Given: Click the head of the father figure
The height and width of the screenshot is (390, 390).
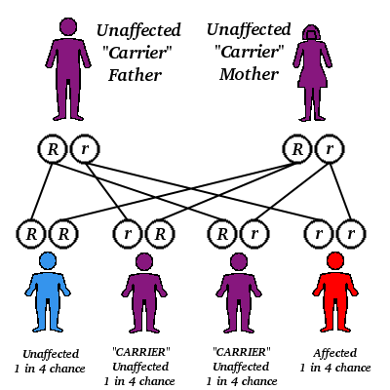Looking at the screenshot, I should [66, 28].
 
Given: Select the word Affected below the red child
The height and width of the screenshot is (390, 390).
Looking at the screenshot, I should [334, 352].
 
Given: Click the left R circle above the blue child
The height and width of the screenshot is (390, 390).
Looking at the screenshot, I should [31, 234].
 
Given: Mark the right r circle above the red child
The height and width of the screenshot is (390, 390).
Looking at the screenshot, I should [349, 234].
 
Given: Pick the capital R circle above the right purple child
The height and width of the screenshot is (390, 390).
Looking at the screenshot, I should [223, 234].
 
